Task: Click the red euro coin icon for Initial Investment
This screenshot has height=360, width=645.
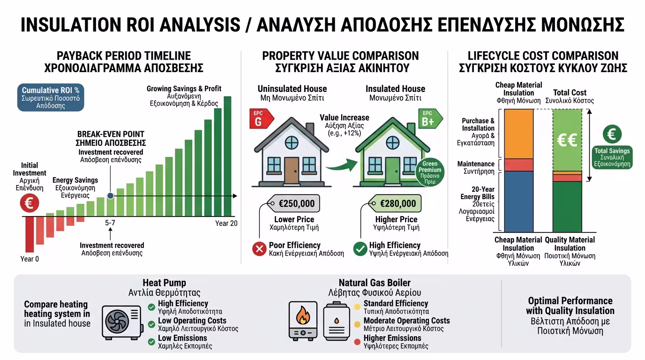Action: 30,203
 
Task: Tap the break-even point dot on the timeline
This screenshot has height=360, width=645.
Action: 110,196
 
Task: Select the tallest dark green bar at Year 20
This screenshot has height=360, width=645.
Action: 227,156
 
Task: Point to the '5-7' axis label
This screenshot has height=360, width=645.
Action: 110,223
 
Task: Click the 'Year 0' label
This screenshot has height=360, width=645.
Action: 30,259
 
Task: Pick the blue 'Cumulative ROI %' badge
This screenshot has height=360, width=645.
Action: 51,97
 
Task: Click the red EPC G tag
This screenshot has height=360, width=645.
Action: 261,119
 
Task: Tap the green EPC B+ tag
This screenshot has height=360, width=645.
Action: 430,119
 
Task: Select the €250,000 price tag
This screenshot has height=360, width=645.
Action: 293,203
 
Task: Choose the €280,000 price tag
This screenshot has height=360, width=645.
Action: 395,203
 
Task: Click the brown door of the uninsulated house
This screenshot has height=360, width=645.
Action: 292,170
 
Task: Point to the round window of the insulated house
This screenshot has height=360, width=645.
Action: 392,143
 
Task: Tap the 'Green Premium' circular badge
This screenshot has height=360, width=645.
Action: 430,172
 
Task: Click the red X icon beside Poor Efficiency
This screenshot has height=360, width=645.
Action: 259,249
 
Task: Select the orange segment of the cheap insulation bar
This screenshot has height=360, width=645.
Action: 519,134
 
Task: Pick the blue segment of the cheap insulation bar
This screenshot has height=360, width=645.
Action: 519,202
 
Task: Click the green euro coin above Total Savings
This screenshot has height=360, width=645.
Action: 612,134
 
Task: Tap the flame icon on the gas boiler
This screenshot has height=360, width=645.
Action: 303,315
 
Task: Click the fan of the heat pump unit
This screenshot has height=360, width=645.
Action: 117,322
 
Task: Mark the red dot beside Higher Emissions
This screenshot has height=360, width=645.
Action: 357,342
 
